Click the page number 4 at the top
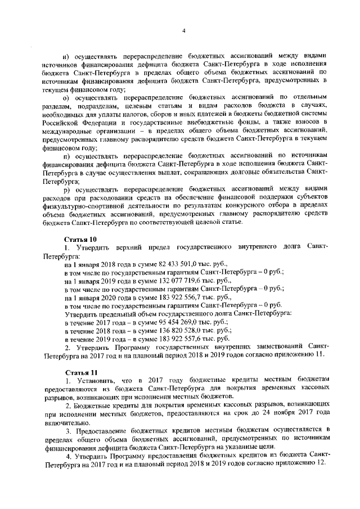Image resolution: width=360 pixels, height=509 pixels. pos(183,31)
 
